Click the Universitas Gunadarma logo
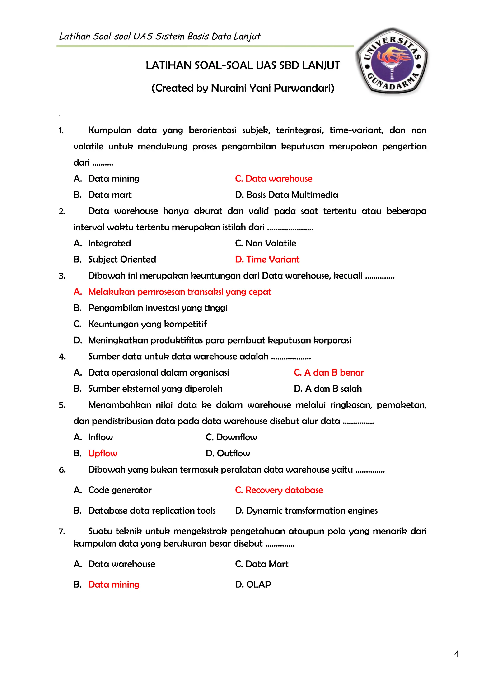pos(392,61)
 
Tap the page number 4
pos(456,654)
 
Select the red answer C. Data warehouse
pos(274,179)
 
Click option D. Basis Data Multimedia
pos(286,195)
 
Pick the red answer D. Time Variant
pos(267,260)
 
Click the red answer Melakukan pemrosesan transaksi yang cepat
pos(180,292)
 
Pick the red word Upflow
pos(103,453)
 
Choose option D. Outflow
pos(228,453)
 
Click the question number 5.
pos(62,405)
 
